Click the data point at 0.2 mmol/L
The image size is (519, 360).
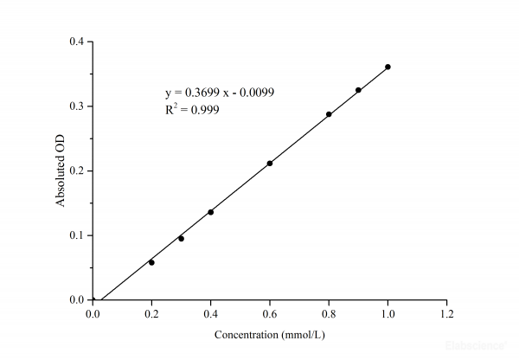pos(151,262)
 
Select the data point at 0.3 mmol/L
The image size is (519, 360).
pos(181,238)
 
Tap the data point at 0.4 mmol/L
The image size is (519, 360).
pos(210,212)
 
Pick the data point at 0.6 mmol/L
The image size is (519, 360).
pos(270,164)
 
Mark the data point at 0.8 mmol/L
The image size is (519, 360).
pos(329,114)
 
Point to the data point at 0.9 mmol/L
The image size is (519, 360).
pos(358,90)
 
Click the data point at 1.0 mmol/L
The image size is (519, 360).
pos(388,67)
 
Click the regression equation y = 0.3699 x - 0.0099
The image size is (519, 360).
pos(220,93)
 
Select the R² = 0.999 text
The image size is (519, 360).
pos(191,110)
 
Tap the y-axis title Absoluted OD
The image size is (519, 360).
pos(61,170)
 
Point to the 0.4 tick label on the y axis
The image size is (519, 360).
pos(77,42)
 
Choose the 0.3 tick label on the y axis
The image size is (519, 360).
pos(77,106)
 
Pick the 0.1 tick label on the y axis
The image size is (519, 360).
pos(77,235)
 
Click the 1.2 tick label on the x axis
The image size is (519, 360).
pos(446,314)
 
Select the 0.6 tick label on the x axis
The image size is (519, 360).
pos(270,314)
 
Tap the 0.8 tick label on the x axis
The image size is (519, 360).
pos(329,314)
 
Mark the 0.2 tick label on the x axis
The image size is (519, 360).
pos(151,314)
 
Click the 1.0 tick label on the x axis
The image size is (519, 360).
pos(388,314)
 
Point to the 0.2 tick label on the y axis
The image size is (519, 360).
pos(77,170)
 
